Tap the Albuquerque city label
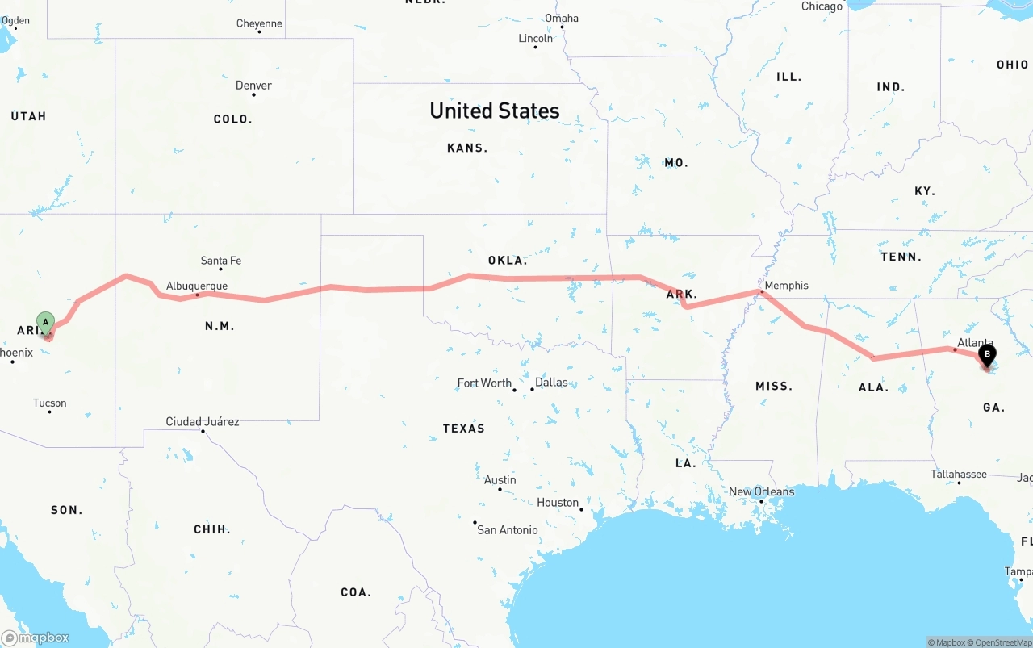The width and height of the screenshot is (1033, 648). (x=197, y=286)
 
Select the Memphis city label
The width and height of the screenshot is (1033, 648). (x=786, y=285)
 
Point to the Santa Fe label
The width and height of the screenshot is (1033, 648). (x=220, y=261)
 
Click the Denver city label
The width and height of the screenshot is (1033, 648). (x=253, y=86)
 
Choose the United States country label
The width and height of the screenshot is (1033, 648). (x=494, y=111)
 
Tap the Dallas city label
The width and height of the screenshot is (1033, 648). (x=551, y=382)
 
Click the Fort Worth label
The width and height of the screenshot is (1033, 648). (x=484, y=383)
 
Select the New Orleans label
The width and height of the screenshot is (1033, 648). (x=761, y=491)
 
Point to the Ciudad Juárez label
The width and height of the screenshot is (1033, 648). (x=202, y=421)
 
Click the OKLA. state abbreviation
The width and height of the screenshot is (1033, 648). (x=507, y=261)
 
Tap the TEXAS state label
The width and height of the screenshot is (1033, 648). (x=463, y=429)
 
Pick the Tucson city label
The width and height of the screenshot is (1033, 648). (x=49, y=403)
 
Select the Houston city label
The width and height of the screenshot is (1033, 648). (x=558, y=502)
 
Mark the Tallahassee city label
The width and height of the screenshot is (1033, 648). (x=958, y=474)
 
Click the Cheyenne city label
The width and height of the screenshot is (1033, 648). (x=259, y=23)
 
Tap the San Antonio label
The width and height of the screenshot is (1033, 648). (x=507, y=529)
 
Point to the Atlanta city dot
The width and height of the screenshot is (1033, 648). (x=955, y=349)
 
